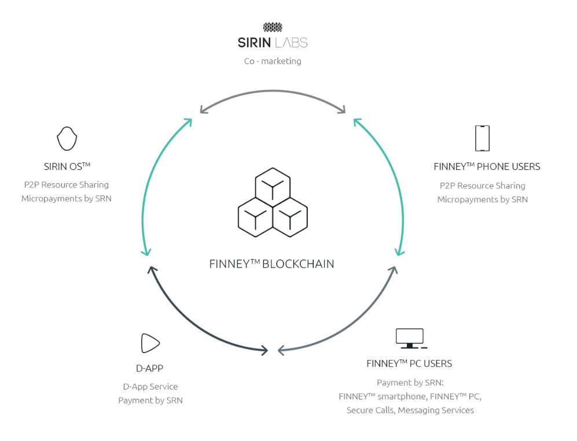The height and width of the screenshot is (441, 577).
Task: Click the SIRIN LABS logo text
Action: point(273,42)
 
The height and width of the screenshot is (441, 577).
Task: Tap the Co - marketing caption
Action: point(273,61)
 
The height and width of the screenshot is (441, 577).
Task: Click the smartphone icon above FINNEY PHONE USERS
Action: point(482,138)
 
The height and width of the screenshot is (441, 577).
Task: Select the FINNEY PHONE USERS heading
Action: point(487,166)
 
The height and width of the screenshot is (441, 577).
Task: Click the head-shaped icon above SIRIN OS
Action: point(67,139)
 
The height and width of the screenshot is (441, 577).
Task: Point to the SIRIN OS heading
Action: point(67,166)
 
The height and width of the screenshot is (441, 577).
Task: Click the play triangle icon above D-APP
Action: point(150,343)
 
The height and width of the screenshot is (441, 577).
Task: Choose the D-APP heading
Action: point(150,368)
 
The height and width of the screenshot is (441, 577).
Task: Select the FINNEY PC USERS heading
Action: point(409,364)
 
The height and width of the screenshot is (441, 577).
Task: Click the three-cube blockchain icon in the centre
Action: point(273,202)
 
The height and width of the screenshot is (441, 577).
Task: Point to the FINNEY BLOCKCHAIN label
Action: point(271,264)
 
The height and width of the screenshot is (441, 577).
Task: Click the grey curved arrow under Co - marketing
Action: point(273,92)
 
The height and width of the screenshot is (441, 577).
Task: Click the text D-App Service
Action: point(150,386)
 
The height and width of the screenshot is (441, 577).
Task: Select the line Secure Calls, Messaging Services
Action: point(410,410)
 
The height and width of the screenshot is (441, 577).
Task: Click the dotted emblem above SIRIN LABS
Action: point(273,27)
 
